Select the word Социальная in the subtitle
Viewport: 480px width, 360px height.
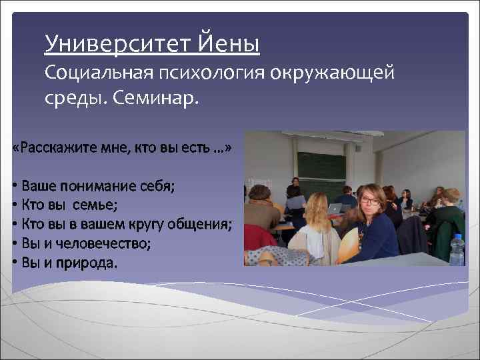99,72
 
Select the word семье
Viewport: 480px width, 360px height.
98,205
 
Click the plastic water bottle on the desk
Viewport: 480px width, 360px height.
457,249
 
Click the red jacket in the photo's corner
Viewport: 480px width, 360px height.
256,236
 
